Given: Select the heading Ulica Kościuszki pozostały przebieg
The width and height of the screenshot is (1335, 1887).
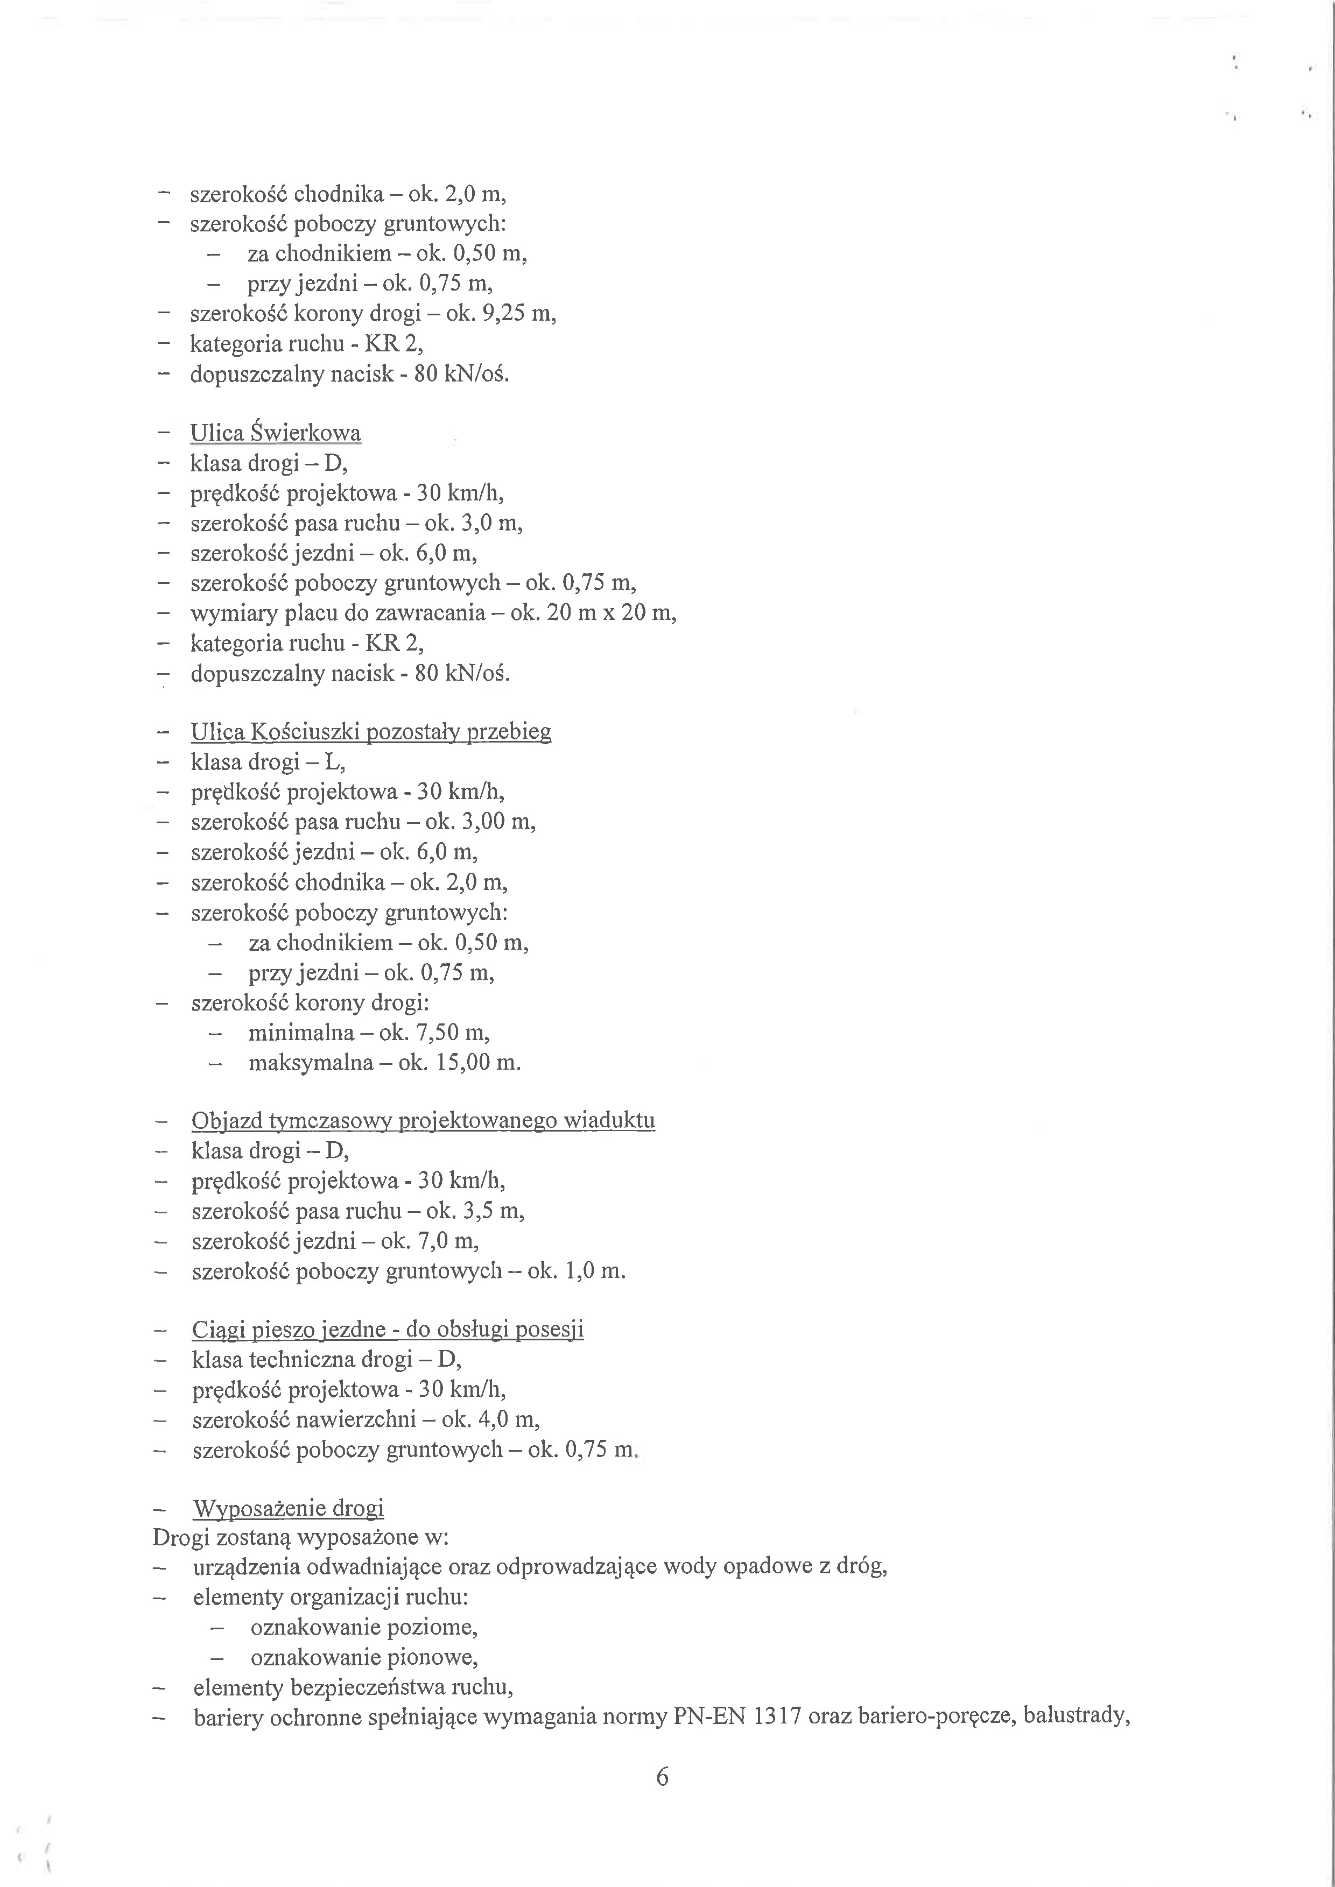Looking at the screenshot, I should coord(371,731).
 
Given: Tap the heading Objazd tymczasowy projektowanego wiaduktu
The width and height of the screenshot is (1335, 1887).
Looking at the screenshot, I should coord(423,1120).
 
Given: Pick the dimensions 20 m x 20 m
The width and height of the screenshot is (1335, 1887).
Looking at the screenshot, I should coord(610,613).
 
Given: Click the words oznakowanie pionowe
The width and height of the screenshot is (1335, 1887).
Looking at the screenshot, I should coord(364,1657).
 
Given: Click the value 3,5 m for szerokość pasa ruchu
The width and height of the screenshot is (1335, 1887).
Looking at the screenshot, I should coord(493,1211).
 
